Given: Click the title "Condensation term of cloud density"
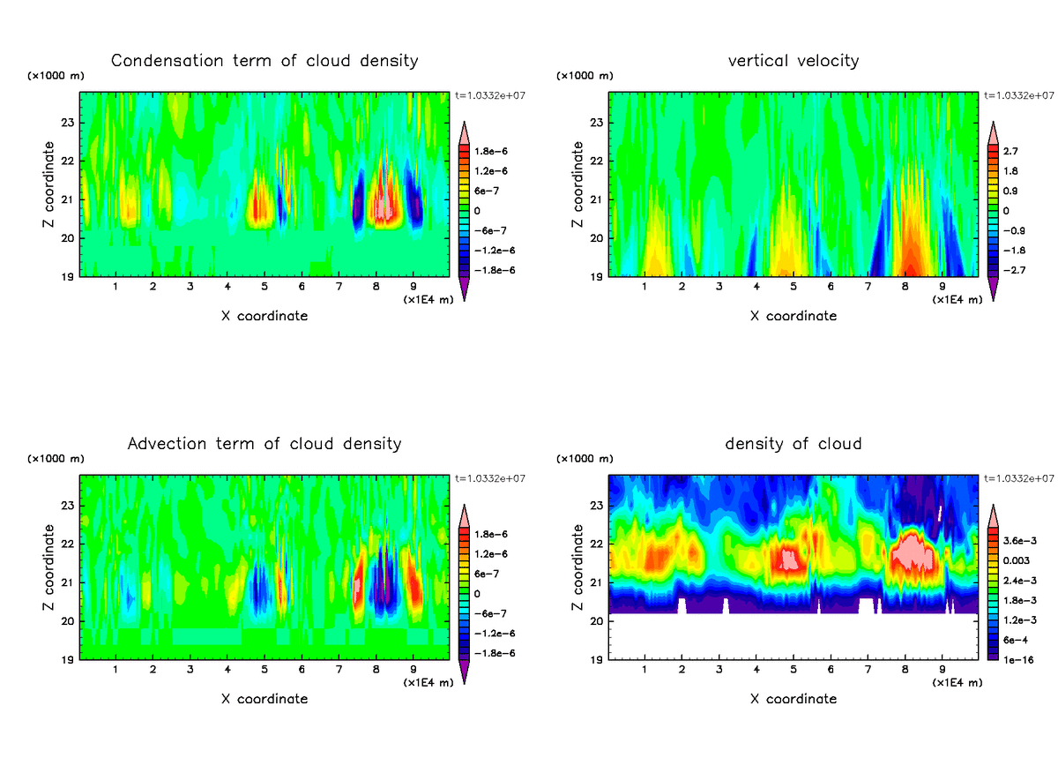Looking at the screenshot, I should pos(264,61).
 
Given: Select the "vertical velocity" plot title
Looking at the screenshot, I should pos(793,61).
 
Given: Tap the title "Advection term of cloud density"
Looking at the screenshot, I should pos(264,443).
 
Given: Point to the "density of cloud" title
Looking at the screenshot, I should pos(793,443).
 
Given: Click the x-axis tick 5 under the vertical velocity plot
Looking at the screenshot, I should pos(793,287).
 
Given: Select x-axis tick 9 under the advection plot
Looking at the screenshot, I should pos(414,670).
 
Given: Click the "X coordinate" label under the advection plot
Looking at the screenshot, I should pos(264,699).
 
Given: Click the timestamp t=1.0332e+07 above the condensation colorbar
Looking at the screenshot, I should pos(490,95).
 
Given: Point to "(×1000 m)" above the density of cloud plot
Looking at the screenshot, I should pos(585,459).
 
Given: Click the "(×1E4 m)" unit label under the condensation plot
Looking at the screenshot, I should pos(428,300).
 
